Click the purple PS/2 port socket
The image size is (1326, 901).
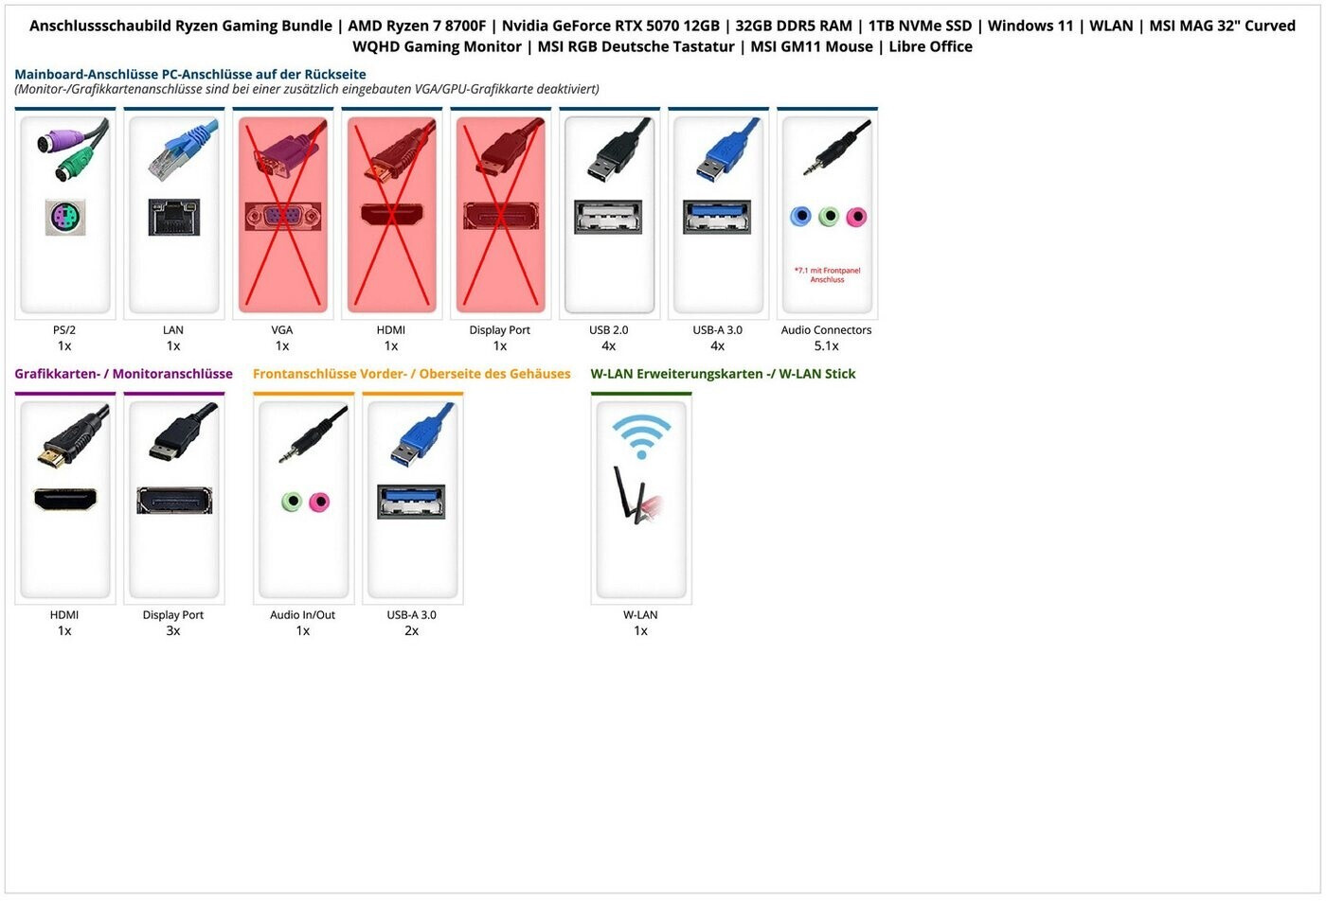[x=64, y=218]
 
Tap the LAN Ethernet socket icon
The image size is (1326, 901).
[x=173, y=218]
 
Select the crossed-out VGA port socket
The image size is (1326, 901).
[x=282, y=217]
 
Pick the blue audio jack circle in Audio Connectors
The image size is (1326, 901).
[x=800, y=217]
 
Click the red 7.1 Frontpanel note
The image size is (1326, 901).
[x=827, y=274]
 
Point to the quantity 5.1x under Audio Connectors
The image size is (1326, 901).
[x=826, y=346]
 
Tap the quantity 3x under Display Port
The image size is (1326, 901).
[x=173, y=631]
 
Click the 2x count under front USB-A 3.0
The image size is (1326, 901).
[x=411, y=631]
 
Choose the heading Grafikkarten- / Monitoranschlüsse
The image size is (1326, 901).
[x=123, y=374]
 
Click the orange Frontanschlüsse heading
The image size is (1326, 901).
[x=411, y=374]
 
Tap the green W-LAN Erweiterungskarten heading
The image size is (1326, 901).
[x=723, y=374]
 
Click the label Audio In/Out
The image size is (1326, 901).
[x=302, y=615]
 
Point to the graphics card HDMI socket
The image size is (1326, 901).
[x=64, y=500]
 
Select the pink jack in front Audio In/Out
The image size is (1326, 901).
[x=319, y=502]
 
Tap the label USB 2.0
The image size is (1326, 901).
[x=608, y=330]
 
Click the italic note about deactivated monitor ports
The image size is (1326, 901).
[x=307, y=89]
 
